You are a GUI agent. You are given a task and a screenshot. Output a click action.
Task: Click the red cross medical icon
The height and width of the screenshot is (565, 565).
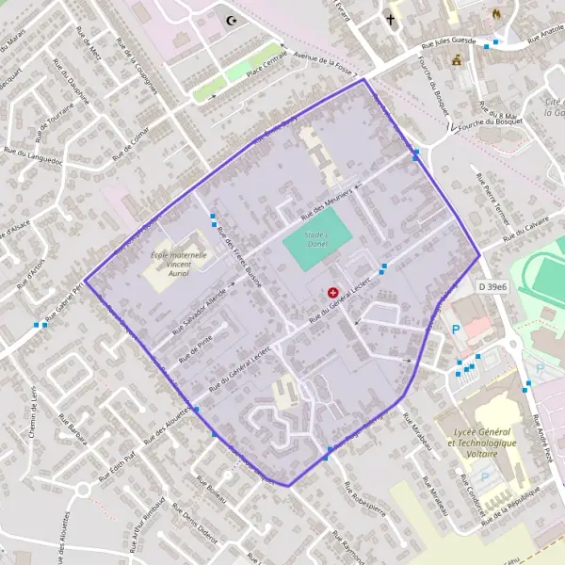point(332,293)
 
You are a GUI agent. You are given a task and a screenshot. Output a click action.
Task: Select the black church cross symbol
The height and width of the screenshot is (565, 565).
point(391,18)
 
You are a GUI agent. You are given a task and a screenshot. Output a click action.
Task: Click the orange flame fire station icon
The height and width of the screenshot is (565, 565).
point(497,16)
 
